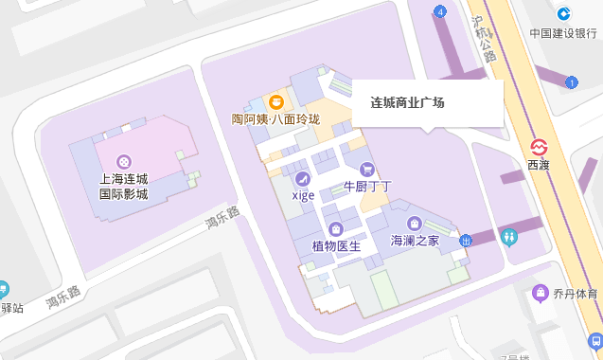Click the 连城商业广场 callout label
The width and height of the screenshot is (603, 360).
[x=407, y=102]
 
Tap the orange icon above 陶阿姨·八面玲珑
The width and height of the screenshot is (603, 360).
[x=276, y=100]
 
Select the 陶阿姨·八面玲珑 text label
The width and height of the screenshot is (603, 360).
[x=276, y=119]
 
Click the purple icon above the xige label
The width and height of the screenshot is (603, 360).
[x=303, y=178]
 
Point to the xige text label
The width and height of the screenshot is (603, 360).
[x=303, y=195]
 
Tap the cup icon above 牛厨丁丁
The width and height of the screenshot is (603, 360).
[x=366, y=170]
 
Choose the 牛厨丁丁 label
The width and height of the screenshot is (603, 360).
[x=367, y=187]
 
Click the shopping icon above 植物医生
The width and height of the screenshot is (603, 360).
[x=336, y=229]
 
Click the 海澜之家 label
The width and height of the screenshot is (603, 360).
[x=415, y=241]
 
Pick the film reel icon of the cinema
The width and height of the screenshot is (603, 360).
[x=124, y=162]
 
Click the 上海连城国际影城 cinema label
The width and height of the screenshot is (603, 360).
[x=124, y=187]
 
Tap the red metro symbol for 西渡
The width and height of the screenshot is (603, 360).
[x=538, y=148]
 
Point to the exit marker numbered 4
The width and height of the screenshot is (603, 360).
[x=440, y=11]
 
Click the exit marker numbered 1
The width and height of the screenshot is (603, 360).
[x=571, y=82]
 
